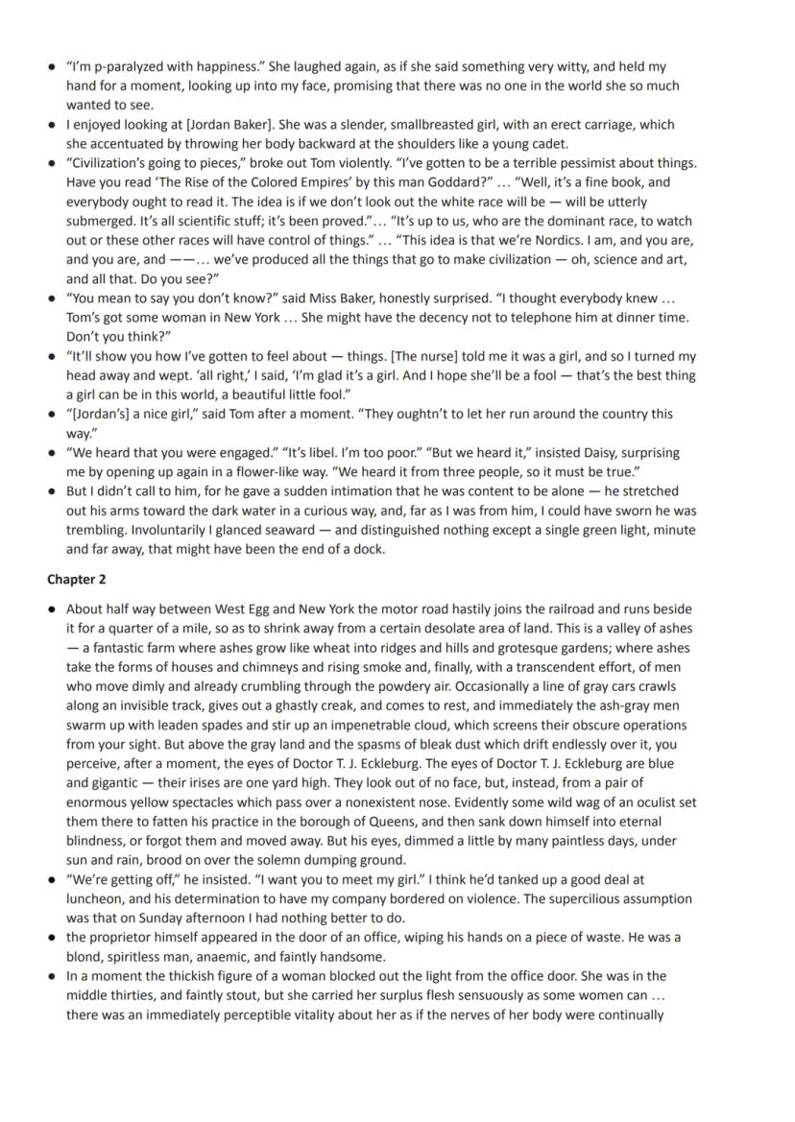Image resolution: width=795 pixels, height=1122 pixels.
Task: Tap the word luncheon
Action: pyautogui.click(x=98, y=898)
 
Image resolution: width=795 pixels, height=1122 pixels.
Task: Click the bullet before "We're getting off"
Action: pyautogui.click(x=51, y=879)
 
